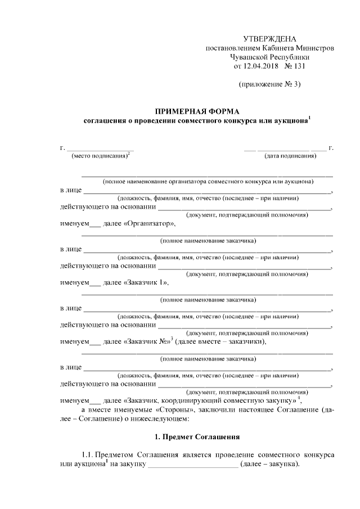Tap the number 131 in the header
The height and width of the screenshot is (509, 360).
point(297,66)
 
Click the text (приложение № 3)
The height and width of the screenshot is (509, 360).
point(269,85)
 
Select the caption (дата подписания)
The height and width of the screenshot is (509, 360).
point(291,156)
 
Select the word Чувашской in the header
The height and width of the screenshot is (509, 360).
point(251,57)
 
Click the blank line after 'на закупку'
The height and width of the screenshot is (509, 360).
point(193,465)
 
